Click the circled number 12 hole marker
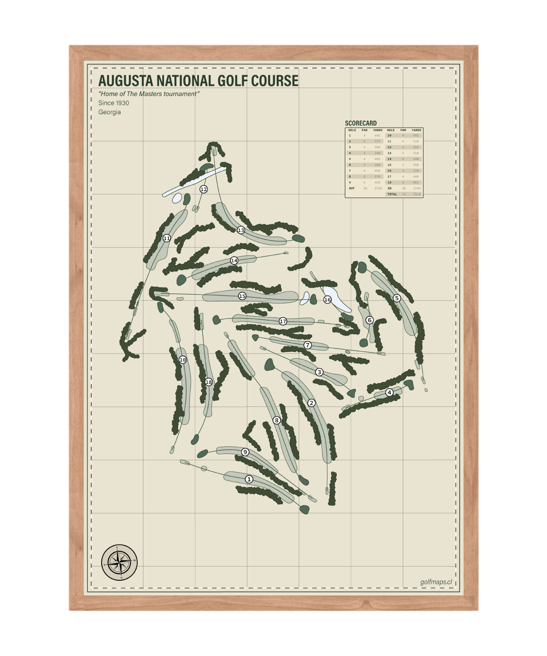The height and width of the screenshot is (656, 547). click(204, 189)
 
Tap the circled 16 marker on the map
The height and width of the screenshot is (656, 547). click(327, 300)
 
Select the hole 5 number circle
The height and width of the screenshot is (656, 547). click(397, 298)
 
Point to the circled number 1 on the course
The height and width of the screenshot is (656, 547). click(249, 479)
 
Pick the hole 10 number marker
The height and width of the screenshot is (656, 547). click(183, 360)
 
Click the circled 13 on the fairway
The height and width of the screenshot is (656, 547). click(241, 230)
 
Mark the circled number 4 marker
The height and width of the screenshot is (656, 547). click(389, 393)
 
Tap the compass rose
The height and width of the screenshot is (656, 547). click(119, 563)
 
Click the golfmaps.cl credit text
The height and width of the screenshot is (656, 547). click(436, 582)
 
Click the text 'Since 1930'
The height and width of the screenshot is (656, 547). click(114, 103)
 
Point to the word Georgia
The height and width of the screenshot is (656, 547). click(109, 112)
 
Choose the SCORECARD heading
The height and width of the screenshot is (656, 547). click(360, 123)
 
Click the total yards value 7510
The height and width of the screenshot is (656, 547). click(417, 194)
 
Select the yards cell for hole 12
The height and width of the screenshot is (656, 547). click(416, 147)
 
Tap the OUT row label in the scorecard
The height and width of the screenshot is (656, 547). click(352, 189)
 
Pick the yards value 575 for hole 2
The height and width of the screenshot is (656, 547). click(377, 142)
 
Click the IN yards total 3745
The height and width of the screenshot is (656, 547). click(417, 189)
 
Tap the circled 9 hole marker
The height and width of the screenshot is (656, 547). click(245, 452)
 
